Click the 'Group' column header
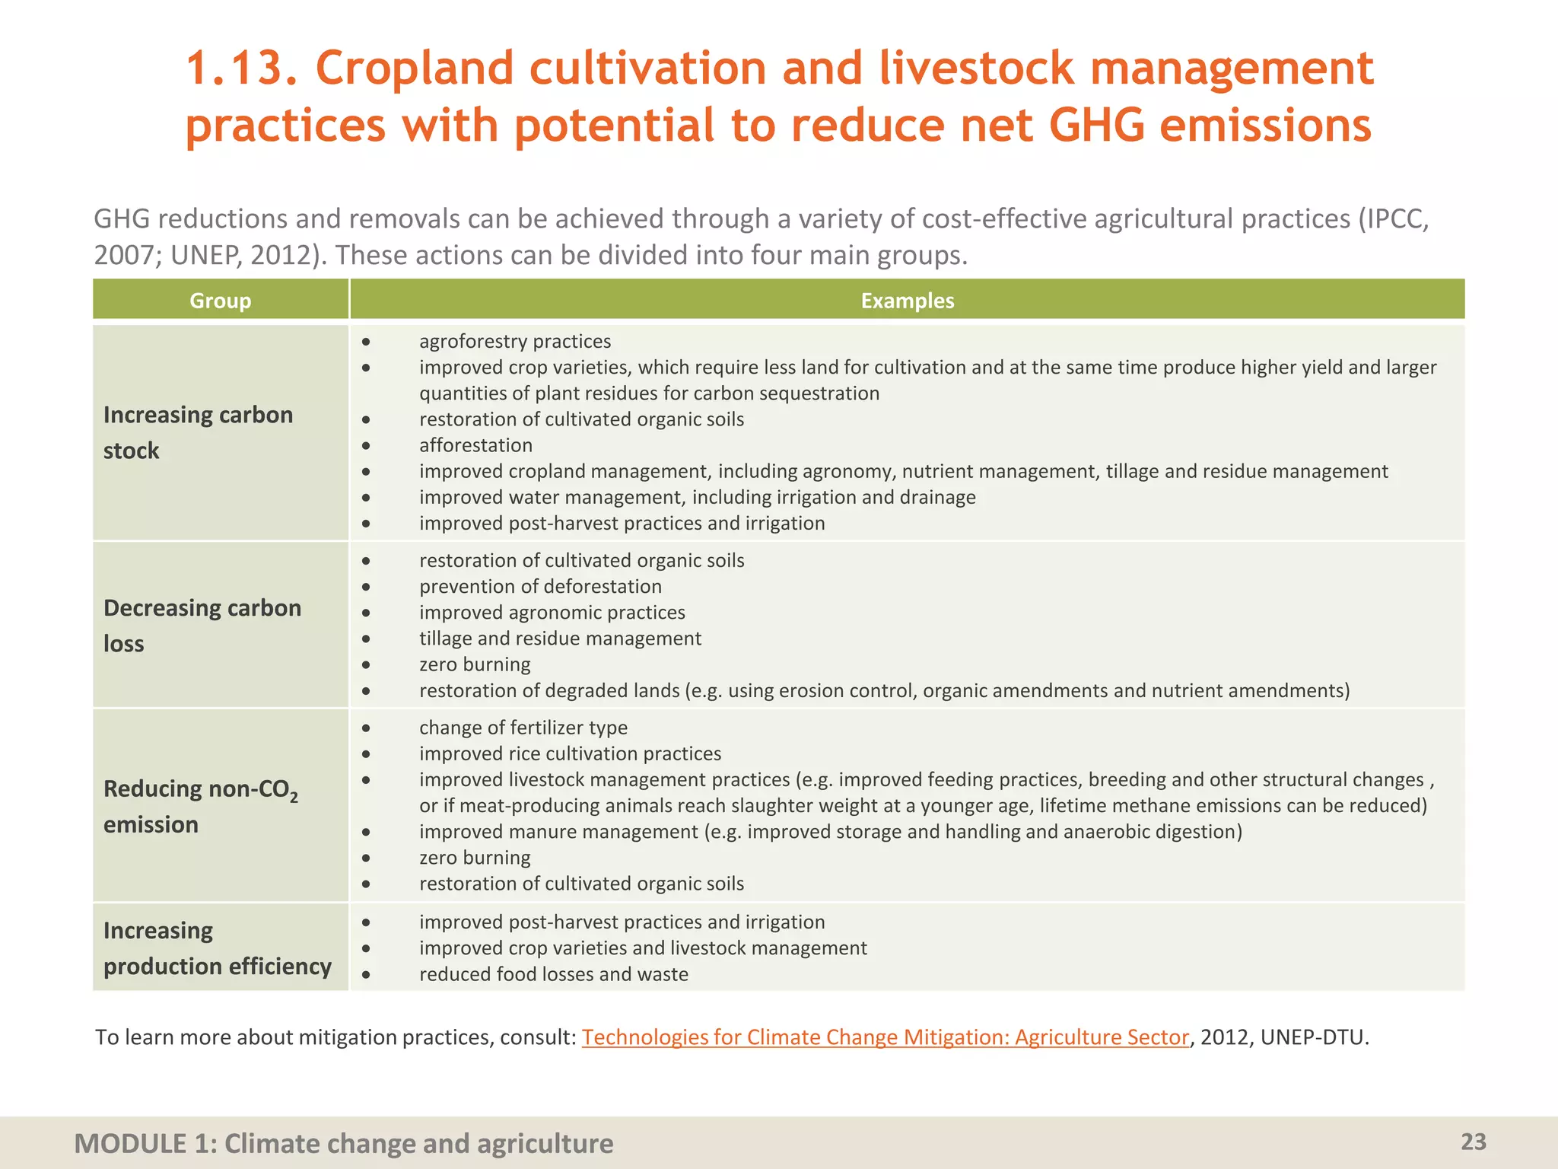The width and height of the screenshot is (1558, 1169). (x=220, y=301)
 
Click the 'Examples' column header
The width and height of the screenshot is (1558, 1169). (x=907, y=301)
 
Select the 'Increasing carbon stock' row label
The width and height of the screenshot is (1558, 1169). (x=198, y=432)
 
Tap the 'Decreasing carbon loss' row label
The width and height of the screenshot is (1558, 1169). (x=202, y=626)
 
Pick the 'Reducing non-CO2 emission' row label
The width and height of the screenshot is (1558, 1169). (x=200, y=806)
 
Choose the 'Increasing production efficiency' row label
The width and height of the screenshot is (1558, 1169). (x=217, y=948)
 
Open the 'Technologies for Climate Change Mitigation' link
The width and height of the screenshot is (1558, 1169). (x=885, y=1037)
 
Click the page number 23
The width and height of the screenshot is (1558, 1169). (x=1473, y=1142)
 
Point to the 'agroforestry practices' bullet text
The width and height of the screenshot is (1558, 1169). (x=515, y=342)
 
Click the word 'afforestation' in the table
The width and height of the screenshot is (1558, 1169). (x=475, y=445)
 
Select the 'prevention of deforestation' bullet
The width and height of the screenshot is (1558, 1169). (x=540, y=587)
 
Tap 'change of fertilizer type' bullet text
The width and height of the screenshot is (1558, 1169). (x=523, y=728)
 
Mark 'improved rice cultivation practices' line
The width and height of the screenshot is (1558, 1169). (x=570, y=753)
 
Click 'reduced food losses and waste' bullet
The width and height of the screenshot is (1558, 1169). (x=553, y=974)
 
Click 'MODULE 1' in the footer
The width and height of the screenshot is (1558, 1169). (x=133, y=1143)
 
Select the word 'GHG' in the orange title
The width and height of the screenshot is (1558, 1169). (x=1096, y=126)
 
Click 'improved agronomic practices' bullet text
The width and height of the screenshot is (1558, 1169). (x=552, y=613)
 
